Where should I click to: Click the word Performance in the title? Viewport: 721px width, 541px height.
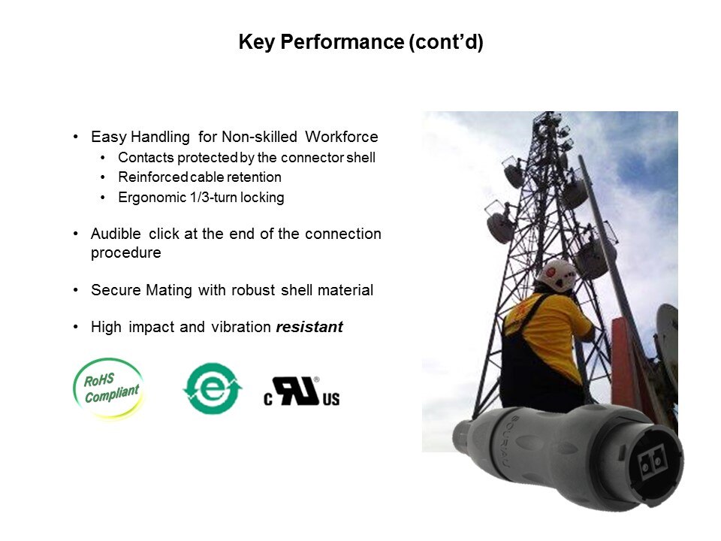point(342,42)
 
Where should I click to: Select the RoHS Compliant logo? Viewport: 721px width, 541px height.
point(109,388)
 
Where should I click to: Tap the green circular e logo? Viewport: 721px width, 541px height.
point(212,388)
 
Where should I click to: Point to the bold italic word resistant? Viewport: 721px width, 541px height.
point(309,327)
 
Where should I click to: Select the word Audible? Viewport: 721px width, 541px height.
point(116,234)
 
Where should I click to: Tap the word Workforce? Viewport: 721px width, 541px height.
point(341,137)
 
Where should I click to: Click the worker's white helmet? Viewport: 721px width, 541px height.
point(557,275)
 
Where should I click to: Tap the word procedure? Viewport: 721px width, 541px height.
point(126,252)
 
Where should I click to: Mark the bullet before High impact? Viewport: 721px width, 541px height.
point(75,327)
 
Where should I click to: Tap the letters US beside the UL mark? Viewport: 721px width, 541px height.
point(331,399)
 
